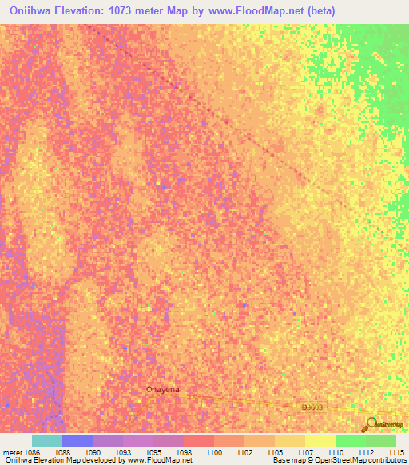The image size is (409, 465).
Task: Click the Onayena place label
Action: pyautogui.click(x=162, y=389)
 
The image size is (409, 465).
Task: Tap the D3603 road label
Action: pyautogui.click(x=313, y=407)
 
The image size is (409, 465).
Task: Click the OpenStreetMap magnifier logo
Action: pyautogui.click(x=369, y=423)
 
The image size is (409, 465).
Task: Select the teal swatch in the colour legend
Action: pyautogui.click(x=47, y=440)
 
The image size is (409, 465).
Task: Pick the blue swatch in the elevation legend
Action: pyautogui.click(x=77, y=440)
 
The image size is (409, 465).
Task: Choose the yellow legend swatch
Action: pyautogui.click(x=320, y=440)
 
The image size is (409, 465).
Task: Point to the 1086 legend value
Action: pyautogui.click(x=32, y=453)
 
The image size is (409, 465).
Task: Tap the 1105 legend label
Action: pyautogui.click(x=275, y=453)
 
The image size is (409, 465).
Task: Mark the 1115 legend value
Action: pyautogui.click(x=395, y=453)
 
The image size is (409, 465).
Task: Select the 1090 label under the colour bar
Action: pyautogui.click(x=93, y=453)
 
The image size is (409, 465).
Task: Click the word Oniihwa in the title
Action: pyautogui.click(x=34, y=10)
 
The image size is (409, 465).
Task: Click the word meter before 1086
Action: pyautogui.click(x=10, y=453)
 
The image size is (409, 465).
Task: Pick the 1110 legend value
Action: pyautogui.click(x=336, y=453)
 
